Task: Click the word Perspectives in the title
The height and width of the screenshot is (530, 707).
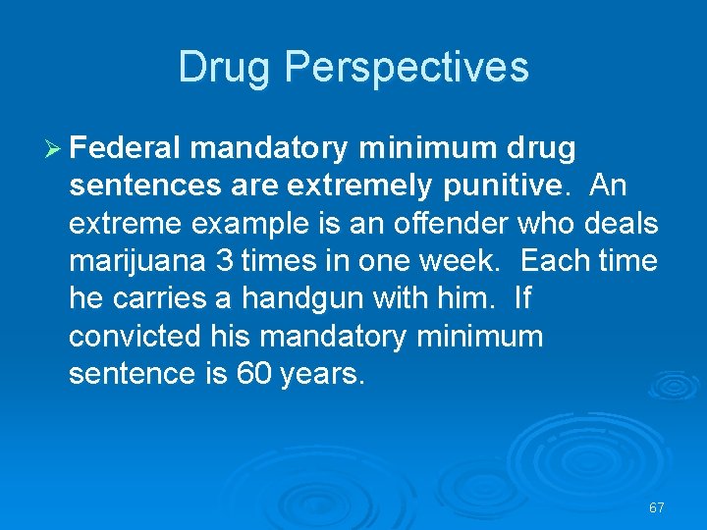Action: [x=408, y=68]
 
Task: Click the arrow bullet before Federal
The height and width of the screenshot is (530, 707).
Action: [x=54, y=149]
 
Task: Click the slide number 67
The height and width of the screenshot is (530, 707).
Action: [x=657, y=507]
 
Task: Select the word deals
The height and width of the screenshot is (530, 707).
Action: [x=621, y=224]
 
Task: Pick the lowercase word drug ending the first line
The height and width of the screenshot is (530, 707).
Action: [x=539, y=149]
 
